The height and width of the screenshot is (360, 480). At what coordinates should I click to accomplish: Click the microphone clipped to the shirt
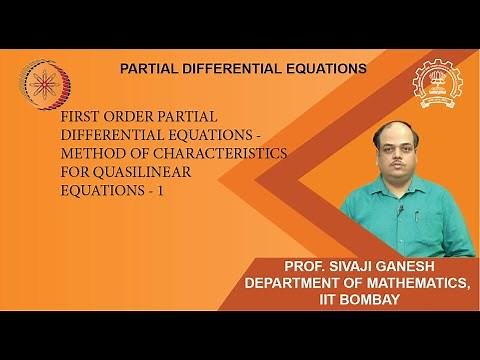click(x=398, y=211)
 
